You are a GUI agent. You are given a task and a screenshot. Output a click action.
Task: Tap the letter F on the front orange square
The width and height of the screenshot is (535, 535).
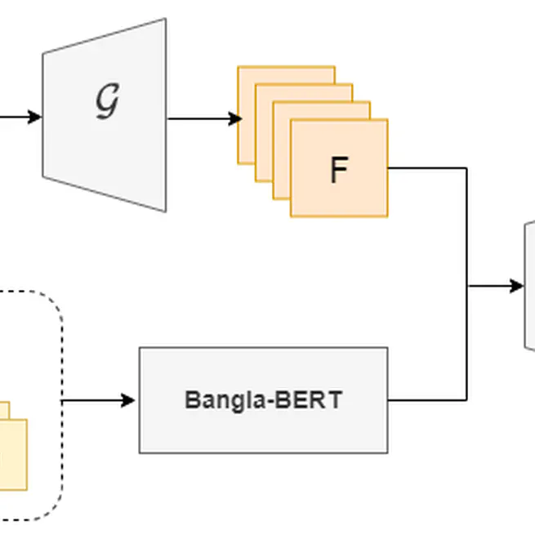338,170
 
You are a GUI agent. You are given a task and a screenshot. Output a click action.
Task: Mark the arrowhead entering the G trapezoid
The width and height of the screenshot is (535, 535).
34,117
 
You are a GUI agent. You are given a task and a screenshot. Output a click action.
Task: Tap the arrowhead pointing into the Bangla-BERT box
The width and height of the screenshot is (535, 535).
128,400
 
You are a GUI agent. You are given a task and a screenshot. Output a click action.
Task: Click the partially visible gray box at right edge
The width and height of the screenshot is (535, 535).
529,286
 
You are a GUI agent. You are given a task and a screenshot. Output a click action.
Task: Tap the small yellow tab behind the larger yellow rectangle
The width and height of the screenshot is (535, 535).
4,409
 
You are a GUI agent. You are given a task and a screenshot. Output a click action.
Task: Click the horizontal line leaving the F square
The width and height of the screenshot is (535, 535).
425,168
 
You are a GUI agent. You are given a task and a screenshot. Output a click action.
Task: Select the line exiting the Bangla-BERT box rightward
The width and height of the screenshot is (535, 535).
425,400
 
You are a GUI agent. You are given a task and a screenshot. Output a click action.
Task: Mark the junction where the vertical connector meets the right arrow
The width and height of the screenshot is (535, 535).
467,286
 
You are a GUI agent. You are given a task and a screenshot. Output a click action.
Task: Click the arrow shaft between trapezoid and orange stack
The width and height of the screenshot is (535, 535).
200,118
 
